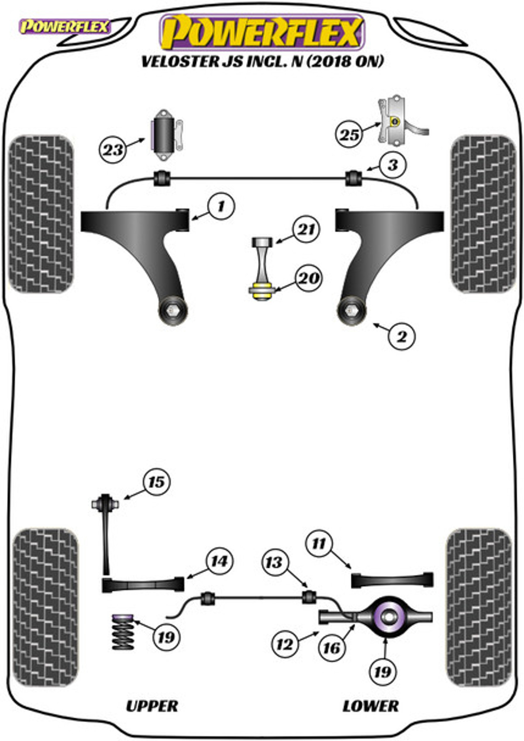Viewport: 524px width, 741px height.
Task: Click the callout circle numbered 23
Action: (x=113, y=150)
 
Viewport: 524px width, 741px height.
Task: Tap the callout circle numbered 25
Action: (x=349, y=134)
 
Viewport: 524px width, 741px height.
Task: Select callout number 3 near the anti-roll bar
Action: (x=393, y=165)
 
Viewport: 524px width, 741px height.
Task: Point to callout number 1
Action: (x=221, y=207)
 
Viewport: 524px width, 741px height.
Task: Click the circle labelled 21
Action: (x=306, y=229)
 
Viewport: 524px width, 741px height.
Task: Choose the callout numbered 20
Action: (x=308, y=278)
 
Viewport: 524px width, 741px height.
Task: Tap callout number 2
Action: (x=402, y=336)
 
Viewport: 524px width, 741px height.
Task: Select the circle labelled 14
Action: (x=220, y=561)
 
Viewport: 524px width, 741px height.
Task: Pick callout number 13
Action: (x=275, y=562)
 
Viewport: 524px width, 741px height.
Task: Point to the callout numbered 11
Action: (x=319, y=543)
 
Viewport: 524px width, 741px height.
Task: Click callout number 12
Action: (x=285, y=644)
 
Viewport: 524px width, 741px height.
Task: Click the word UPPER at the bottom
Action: (x=152, y=706)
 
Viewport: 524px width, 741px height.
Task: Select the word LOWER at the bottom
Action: (x=370, y=706)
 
